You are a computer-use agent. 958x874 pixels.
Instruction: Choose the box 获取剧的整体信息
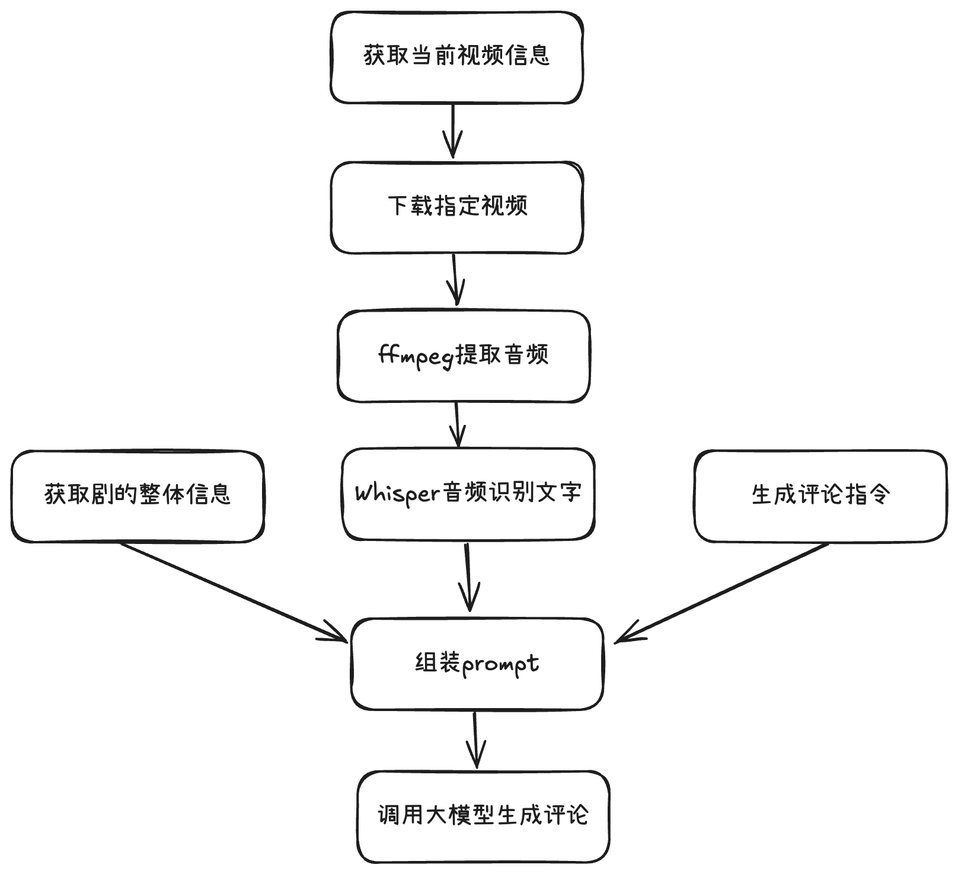[138, 496]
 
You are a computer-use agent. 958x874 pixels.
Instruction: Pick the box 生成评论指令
[820, 496]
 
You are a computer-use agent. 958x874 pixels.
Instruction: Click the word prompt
[500, 664]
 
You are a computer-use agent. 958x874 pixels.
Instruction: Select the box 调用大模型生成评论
[483, 817]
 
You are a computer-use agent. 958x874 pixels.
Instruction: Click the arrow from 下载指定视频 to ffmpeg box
[455, 280]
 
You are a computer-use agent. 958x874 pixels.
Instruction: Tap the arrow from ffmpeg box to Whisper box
[457, 424]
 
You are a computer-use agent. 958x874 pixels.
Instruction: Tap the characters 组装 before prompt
[438, 663]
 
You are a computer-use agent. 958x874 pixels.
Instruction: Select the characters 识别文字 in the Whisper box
[536, 493]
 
